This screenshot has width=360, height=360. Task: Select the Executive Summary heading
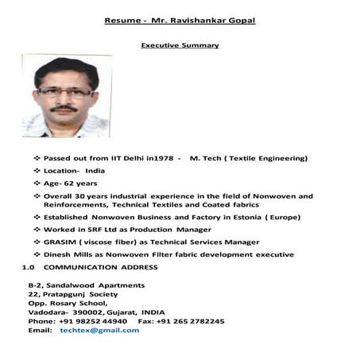pos(180,46)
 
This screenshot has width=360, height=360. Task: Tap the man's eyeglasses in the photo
pos(64,91)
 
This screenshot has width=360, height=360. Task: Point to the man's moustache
pos(64,107)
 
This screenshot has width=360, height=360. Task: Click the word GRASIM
pos(60,242)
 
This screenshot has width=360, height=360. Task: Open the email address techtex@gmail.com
pos(99,331)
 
